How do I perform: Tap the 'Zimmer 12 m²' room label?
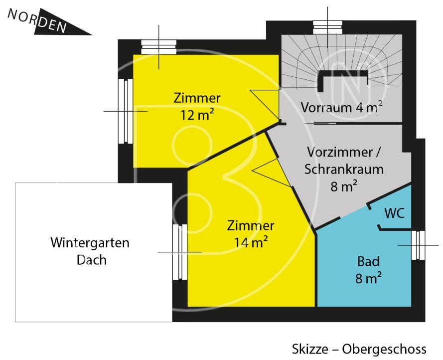(197, 106)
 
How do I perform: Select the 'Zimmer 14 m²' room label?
(251, 234)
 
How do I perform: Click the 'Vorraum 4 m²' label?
(341, 107)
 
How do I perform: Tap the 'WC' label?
(394, 213)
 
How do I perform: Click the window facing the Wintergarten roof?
(177, 252)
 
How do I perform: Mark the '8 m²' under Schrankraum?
(343, 186)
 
